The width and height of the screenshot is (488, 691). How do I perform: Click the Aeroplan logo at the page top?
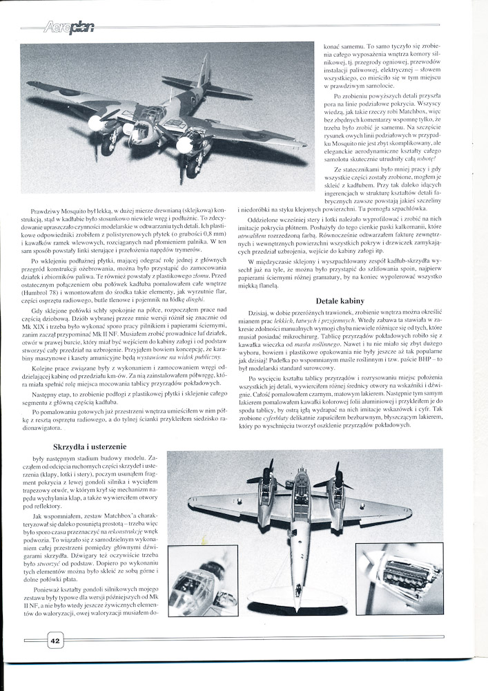[68, 28]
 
